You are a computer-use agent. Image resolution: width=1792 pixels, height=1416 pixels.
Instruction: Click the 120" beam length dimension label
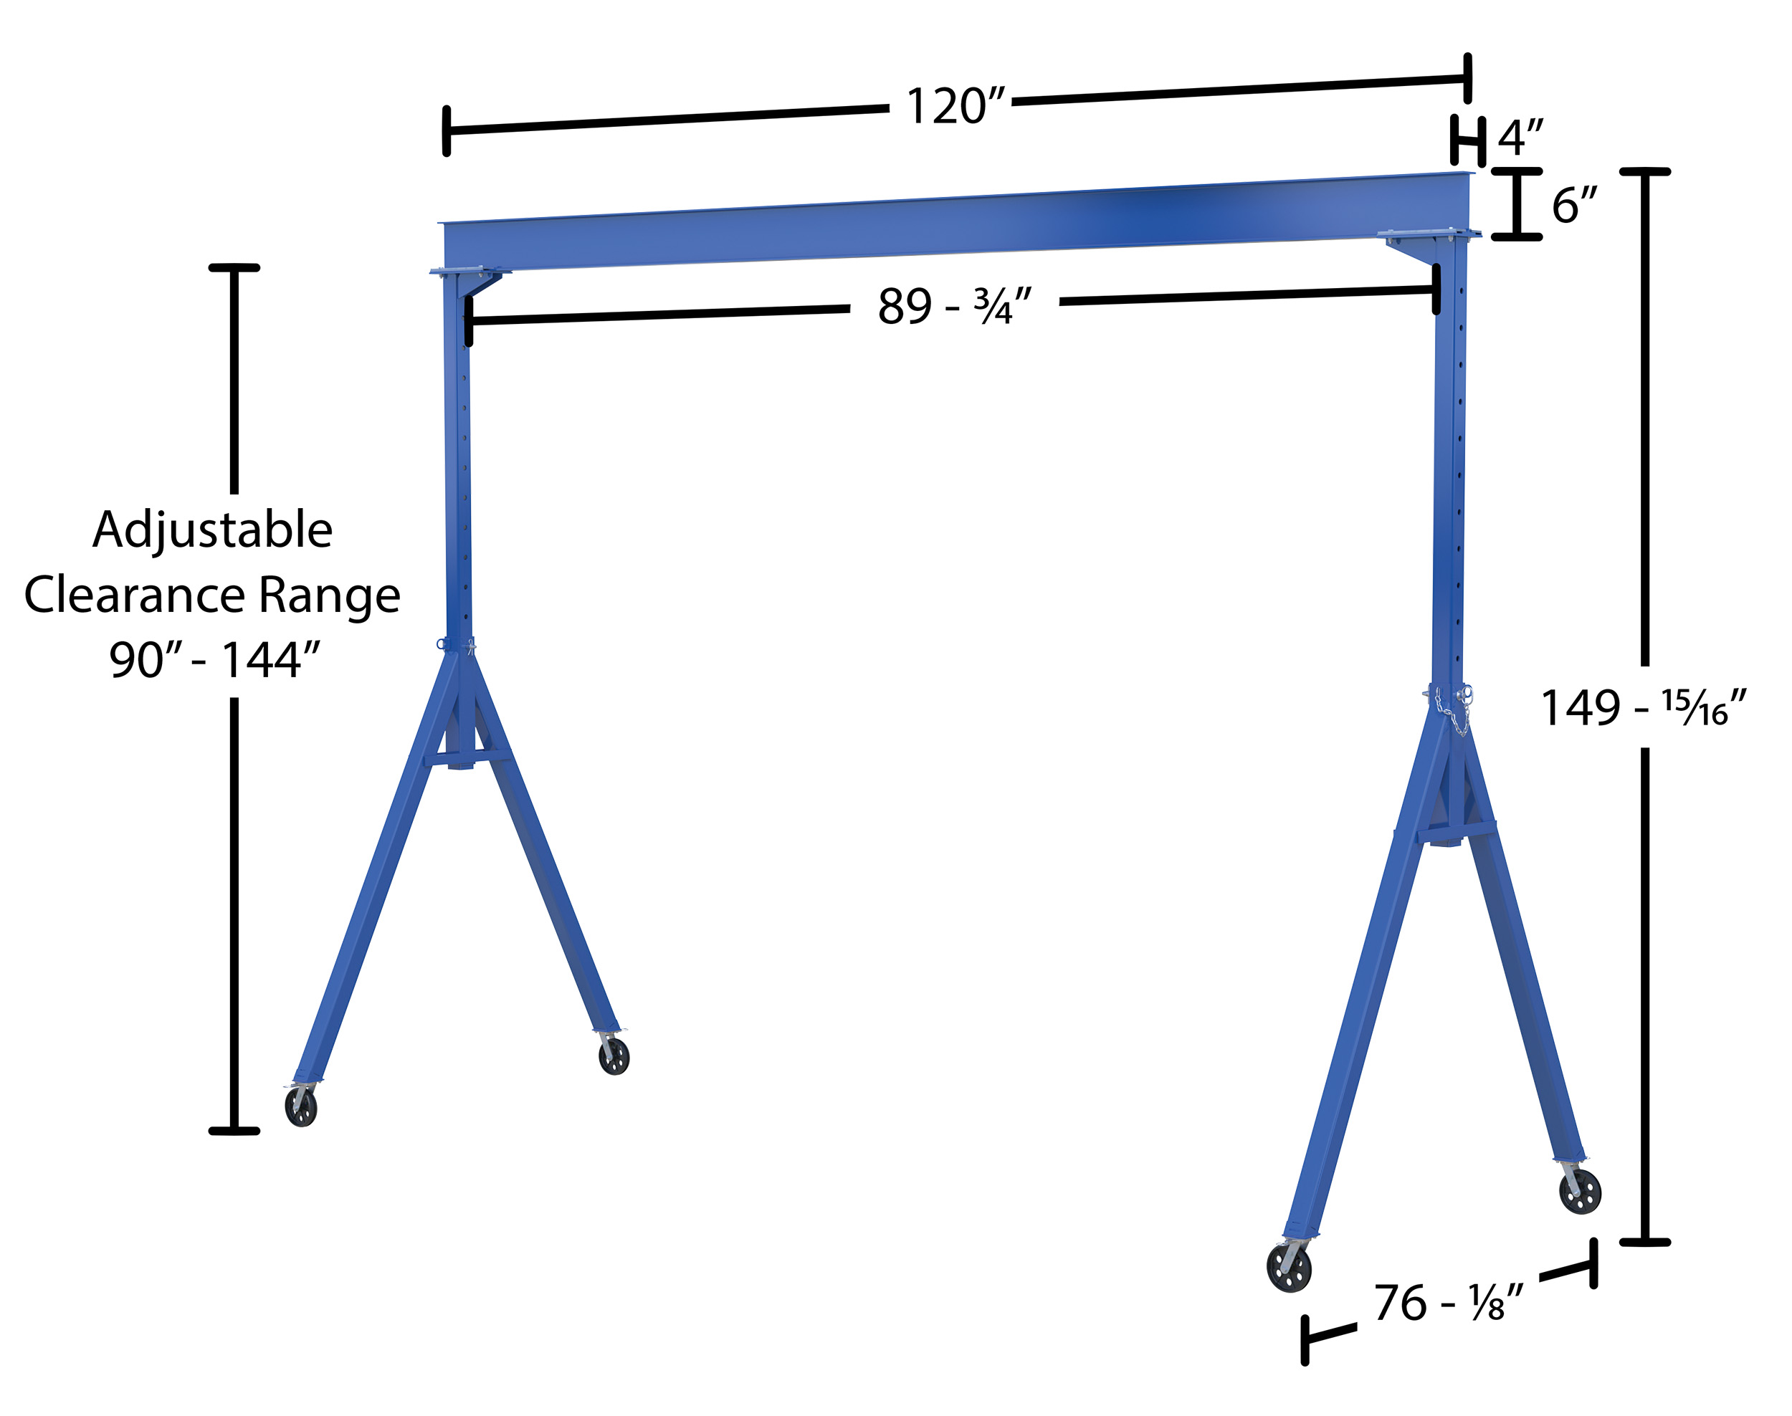(955, 106)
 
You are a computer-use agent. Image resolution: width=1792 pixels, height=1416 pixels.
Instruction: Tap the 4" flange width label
(1521, 138)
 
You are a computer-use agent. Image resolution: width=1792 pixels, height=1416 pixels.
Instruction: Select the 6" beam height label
(1574, 205)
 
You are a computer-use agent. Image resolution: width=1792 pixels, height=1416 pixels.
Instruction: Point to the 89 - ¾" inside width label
(955, 306)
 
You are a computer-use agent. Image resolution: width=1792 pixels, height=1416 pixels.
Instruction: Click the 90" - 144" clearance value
(214, 660)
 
